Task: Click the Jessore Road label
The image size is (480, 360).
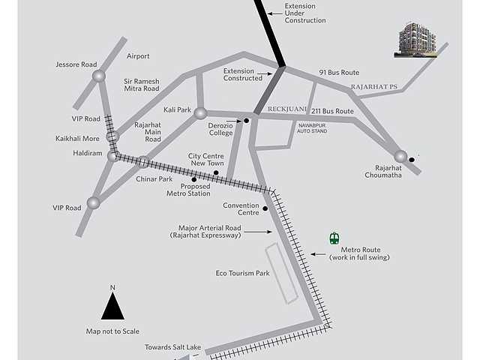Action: (76, 64)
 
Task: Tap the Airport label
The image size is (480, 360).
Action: (138, 56)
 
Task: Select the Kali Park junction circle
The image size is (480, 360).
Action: (200, 113)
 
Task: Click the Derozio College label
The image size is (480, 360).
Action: (220, 128)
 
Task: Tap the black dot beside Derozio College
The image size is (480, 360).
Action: (245, 120)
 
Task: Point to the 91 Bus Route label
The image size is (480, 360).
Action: (339, 73)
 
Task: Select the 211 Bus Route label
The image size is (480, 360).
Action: (332, 111)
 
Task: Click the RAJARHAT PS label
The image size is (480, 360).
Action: (373, 87)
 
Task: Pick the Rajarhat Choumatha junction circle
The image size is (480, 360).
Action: (400, 156)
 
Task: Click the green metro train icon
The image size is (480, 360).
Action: (334, 238)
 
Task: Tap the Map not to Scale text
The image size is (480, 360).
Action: (112, 331)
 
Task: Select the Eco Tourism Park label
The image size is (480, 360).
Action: (242, 273)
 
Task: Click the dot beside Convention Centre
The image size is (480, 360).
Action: (265, 208)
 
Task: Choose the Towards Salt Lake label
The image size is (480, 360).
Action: (173, 348)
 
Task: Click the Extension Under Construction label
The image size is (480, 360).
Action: (305, 13)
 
